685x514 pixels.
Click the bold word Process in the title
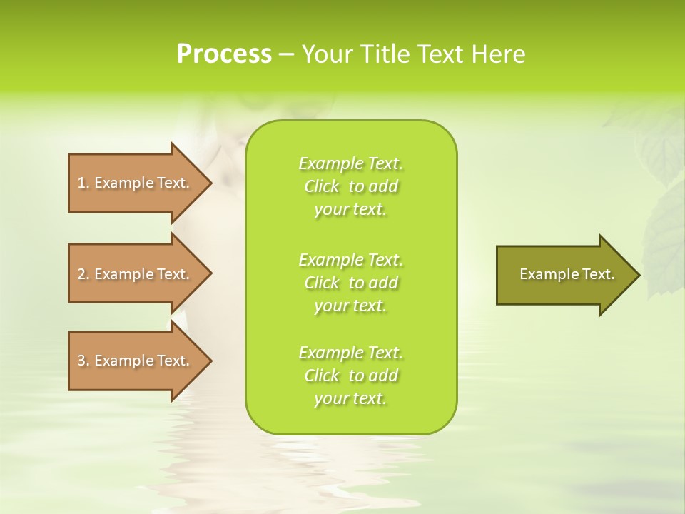tap(224, 54)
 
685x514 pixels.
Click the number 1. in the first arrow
tap(83, 183)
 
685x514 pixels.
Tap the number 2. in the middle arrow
tap(83, 274)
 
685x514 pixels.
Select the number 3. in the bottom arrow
tap(83, 361)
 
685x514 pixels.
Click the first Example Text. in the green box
tap(351, 163)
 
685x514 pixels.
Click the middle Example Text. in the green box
tap(351, 259)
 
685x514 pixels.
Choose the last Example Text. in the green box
tap(351, 353)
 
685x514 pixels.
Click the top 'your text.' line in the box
tap(350, 209)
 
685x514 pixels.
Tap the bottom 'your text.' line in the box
tap(350, 398)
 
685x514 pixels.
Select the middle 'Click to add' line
tap(351, 283)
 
